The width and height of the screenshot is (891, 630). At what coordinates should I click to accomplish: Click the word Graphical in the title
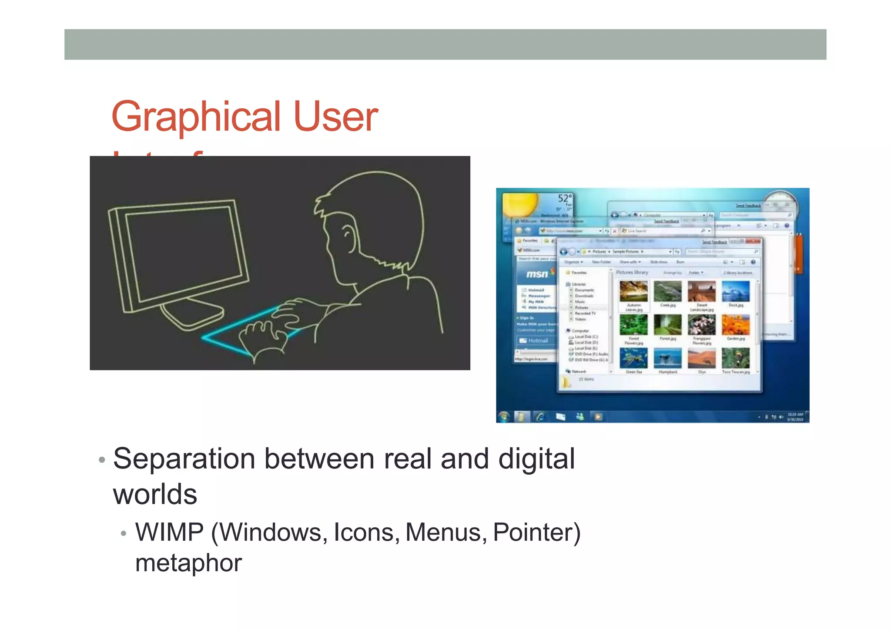[196, 117]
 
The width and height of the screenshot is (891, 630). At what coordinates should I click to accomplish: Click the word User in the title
[335, 117]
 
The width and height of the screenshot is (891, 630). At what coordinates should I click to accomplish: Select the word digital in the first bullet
[536, 459]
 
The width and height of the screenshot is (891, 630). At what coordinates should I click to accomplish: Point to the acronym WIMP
[169, 532]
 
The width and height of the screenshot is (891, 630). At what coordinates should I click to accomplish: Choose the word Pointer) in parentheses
[536, 532]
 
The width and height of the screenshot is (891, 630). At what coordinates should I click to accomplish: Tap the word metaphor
[188, 563]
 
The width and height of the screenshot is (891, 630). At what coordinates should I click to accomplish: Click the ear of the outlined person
[348, 235]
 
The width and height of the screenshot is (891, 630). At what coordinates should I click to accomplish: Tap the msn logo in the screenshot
[537, 274]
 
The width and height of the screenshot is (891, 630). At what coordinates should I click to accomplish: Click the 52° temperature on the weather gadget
[565, 198]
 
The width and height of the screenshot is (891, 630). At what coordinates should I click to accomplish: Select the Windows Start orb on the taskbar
[504, 417]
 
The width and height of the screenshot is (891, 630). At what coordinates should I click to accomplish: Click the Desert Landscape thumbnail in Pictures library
[701, 291]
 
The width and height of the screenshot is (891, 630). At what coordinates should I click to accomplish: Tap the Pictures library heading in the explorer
[632, 273]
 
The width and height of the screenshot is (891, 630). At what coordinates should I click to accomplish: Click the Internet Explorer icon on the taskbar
[540, 417]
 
